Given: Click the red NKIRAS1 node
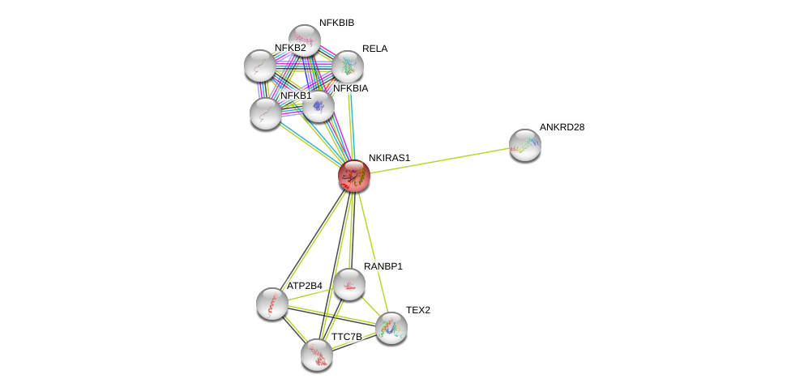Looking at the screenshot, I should coord(354,175).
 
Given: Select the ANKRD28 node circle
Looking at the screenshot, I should coord(525,145).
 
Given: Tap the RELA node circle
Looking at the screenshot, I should coord(348,66).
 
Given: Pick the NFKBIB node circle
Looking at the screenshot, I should coord(305,40).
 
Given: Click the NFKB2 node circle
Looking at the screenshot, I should coord(260,66).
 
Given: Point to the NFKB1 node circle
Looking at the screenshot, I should coord(266,113).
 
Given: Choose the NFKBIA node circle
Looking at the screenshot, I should coord(319,106).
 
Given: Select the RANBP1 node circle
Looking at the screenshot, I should coord(349,284).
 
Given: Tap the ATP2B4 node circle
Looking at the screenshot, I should coord(272,304).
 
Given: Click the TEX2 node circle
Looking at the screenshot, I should coord(391,328).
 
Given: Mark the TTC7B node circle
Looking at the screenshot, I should coord(317,355).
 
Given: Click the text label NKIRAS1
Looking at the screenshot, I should coord(389,158).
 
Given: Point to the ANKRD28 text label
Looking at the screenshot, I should coord(562,127).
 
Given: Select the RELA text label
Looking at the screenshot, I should coord(374,49).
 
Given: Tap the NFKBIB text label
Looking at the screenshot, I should coord(336,23).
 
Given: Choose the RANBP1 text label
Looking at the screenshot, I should coord(383,266).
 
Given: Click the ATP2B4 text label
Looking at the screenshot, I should coord(304,286).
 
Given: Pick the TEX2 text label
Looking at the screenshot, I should coord(418,310).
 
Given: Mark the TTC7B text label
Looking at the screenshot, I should coord(346,337).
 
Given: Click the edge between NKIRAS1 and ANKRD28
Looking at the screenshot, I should coord(439,160).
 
